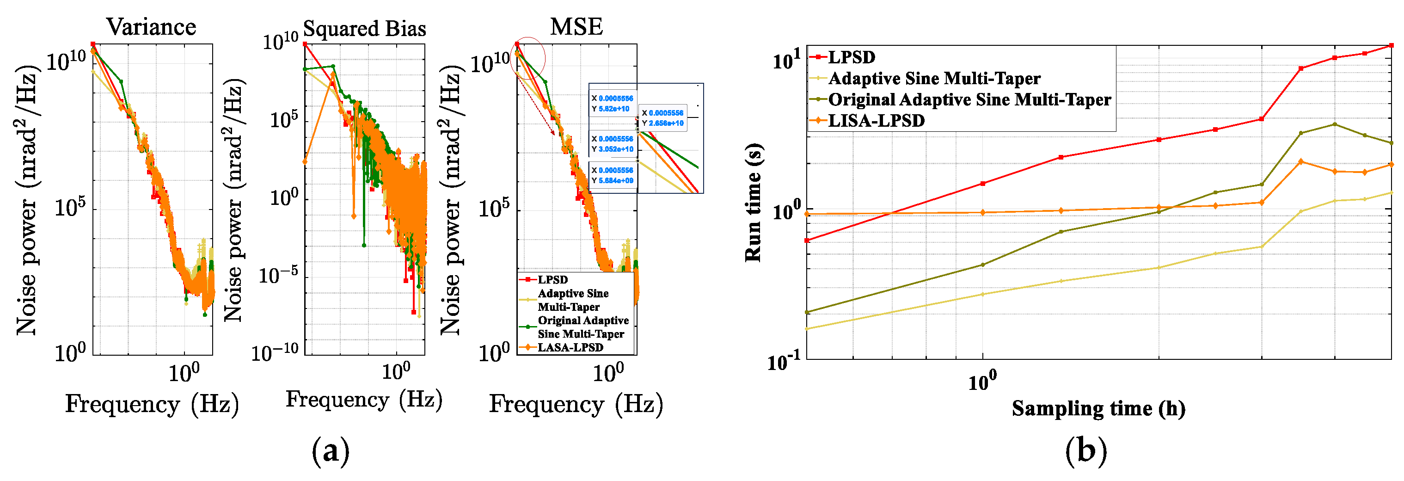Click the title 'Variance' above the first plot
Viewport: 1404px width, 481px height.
[151, 27]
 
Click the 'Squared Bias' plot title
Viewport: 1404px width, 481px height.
[364, 28]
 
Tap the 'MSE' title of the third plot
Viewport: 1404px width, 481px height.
[576, 27]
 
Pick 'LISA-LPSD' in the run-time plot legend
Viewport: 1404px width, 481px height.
[876, 121]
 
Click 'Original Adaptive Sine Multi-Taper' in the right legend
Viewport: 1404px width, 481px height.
[969, 100]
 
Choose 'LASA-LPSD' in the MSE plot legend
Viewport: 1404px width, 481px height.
[570, 347]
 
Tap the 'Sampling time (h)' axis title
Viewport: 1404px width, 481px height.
[1098, 408]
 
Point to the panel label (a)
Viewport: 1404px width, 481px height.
[330, 451]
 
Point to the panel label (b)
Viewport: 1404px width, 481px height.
[1086, 451]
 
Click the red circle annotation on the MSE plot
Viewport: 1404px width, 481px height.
[527, 58]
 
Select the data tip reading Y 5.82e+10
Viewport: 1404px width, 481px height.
[613, 104]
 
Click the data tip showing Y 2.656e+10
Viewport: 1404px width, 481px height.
[662, 118]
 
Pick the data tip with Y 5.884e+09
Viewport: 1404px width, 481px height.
[613, 176]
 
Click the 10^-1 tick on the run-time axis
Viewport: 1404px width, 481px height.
[784, 362]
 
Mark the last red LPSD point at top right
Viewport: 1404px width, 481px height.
[1391, 45]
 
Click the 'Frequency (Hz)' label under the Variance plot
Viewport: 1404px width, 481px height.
[152, 405]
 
